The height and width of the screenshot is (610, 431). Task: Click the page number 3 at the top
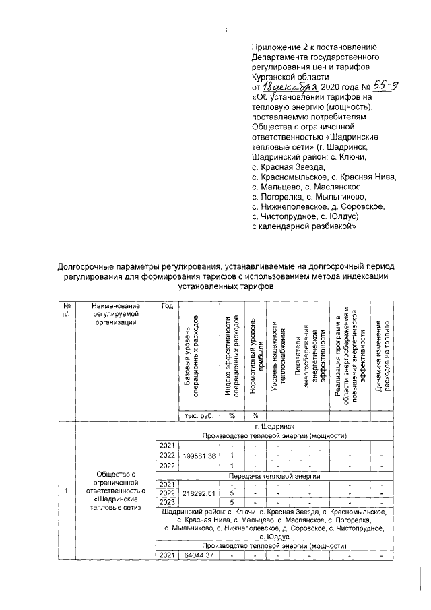226,29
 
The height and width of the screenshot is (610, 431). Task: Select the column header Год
168,306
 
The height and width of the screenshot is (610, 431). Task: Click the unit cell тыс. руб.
199,416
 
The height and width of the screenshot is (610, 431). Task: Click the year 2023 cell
168,502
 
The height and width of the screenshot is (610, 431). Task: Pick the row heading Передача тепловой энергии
273,475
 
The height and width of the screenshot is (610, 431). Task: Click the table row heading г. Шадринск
273,427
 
